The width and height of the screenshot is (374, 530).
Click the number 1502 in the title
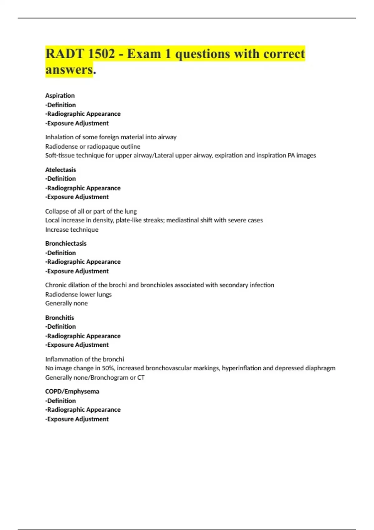[x=102, y=54]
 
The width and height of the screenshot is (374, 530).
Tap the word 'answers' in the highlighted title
[x=69, y=69]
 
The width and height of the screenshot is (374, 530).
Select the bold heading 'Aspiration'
[x=60, y=95]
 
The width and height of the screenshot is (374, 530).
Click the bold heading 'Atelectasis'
[x=60, y=170]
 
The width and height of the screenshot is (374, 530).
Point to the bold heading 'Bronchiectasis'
[x=66, y=243]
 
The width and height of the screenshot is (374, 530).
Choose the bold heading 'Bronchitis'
[x=60, y=318]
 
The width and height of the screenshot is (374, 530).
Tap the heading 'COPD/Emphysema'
[x=72, y=391]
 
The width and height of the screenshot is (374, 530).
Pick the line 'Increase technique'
[x=72, y=229]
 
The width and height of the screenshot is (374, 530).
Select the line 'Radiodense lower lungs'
[x=78, y=294]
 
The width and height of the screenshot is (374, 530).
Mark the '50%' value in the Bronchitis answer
[x=108, y=368]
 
